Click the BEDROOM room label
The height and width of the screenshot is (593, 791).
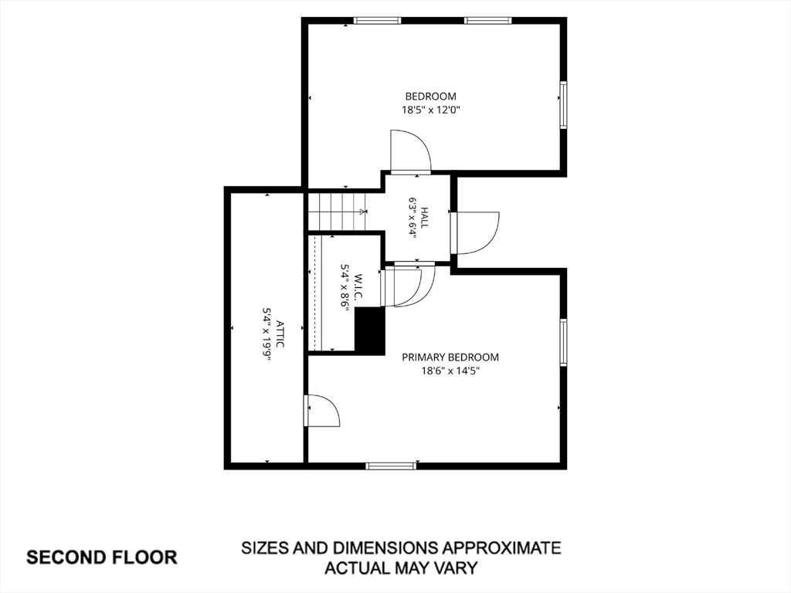(x=431, y=97)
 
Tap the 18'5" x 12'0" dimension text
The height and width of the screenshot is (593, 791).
(x=431, y=110)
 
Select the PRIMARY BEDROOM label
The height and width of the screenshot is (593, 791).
(x=450, y=357)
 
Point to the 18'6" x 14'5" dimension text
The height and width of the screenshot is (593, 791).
(x=450, y=371)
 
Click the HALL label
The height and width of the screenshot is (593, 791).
(x=425, y=217)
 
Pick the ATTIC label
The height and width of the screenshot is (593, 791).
(x=280, y=334)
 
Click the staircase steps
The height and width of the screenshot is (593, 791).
(x=338, y=212)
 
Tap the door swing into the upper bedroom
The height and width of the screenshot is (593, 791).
(x=411, y=152)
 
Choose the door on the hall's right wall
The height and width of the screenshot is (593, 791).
(x=475, y=233)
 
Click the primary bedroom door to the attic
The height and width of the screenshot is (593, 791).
(x=321, y=411)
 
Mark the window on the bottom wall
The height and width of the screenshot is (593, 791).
(x=392, y=466)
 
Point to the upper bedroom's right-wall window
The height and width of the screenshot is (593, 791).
(x=563, y=105)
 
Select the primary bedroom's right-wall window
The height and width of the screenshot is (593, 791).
(x=563, y=342)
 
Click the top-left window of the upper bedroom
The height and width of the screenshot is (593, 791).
(x=377, y=21)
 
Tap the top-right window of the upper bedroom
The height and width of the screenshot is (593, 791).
(x=488, y=21)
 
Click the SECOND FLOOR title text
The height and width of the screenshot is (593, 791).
(x=102, y=557)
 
